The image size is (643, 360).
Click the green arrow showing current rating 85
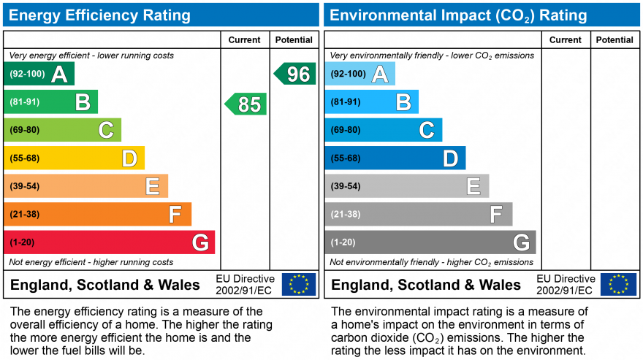tap(246, 104)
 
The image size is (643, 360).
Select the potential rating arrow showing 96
tap(296, 74)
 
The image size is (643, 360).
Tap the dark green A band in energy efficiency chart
tap(39, 74)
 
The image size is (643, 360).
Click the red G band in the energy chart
tap(110, 242)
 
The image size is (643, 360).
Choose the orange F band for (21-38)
tap(98, 215)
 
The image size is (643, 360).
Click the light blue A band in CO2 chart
tap(360, 74)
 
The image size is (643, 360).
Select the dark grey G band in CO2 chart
tap(430, 242)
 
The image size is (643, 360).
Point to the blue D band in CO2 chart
tap(395, 158)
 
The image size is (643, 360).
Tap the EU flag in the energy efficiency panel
tap(299, 284)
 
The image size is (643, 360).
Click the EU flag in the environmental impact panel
tap(618, 284)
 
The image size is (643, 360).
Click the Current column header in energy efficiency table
tap(244, 40)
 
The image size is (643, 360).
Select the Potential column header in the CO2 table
tap(615, 40)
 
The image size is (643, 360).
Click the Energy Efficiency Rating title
tap(100, 15)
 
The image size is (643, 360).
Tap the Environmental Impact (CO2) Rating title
tap(458, 15)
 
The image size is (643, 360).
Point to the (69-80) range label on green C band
tap(24, 130)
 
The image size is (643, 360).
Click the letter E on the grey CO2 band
tap(473, 187)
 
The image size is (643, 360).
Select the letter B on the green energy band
tap(83, 102)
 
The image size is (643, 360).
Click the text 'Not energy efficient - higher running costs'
tap(91, 262)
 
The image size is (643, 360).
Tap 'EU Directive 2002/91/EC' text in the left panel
tap(245, 285)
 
